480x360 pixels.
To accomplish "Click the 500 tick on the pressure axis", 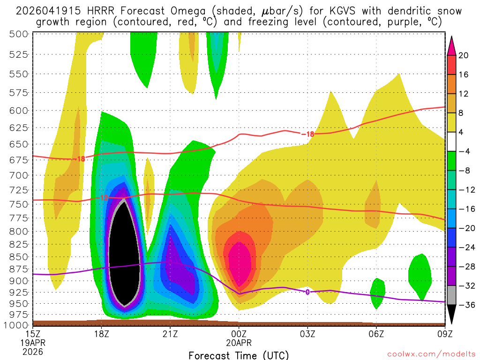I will (20, 34).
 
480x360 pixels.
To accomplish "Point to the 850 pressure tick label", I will (20, 257).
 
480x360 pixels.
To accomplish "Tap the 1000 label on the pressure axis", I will (17, 325).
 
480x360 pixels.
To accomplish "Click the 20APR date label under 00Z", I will (239, 343).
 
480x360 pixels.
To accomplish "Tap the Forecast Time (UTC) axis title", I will (239, 355).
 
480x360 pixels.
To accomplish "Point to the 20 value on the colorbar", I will (464, 55).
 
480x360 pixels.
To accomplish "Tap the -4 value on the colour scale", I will (464, 151).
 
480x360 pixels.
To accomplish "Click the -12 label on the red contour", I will (104, 198).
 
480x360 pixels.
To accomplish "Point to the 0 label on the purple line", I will (307, 292).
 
